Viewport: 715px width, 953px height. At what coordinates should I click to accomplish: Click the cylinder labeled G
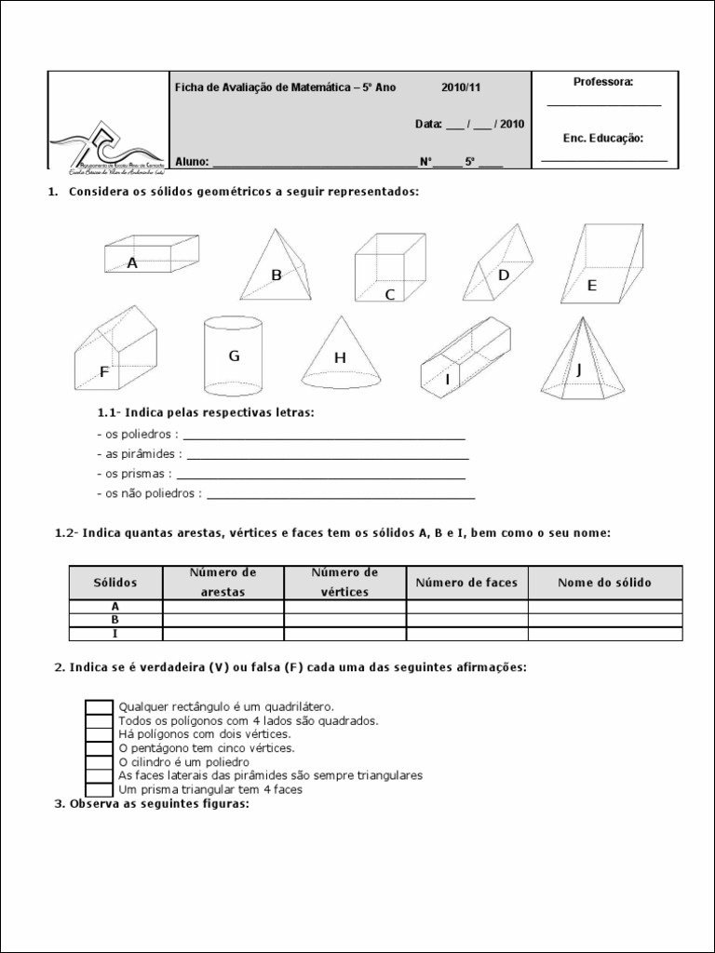point(234,356)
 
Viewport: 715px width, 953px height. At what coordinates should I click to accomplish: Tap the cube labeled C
point(389,270)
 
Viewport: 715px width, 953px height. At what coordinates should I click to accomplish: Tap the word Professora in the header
point(603,82)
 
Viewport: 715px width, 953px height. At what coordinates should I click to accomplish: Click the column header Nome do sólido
point(605,583)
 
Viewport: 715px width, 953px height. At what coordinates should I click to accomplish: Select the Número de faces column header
point(466,583)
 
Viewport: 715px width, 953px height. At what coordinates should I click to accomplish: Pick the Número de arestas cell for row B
point(223,620)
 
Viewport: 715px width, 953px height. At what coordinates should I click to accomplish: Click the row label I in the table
point(115,634)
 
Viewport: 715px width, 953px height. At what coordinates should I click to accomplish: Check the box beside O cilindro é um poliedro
point(100,761)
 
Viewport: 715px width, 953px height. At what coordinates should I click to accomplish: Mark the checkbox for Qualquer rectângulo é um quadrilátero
point(100,707)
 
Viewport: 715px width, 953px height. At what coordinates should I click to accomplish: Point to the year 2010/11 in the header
point(461,87)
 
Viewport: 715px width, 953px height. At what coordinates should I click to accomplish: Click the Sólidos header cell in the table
point(115,583)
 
